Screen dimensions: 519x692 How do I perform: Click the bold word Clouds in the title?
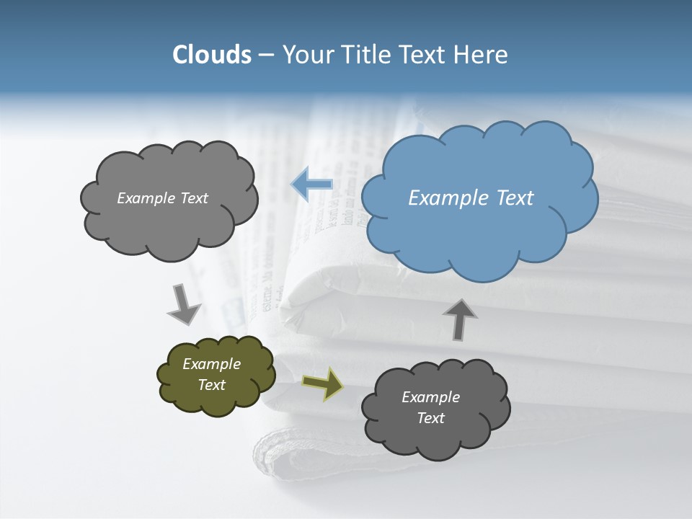point(212,54)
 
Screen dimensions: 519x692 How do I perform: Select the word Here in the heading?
point(482,54)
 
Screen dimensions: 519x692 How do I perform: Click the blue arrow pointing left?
point(312,185)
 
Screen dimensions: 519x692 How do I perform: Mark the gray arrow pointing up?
point(459,319)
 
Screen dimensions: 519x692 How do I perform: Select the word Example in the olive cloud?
point(211,364)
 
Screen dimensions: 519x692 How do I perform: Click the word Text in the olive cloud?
point(211,385)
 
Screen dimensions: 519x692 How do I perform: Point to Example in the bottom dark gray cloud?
point(430,397)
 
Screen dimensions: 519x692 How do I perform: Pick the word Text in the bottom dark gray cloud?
point(430,418)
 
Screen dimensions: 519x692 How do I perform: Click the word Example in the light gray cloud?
point(146,198)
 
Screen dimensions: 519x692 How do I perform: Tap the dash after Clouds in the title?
point(266,55)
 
